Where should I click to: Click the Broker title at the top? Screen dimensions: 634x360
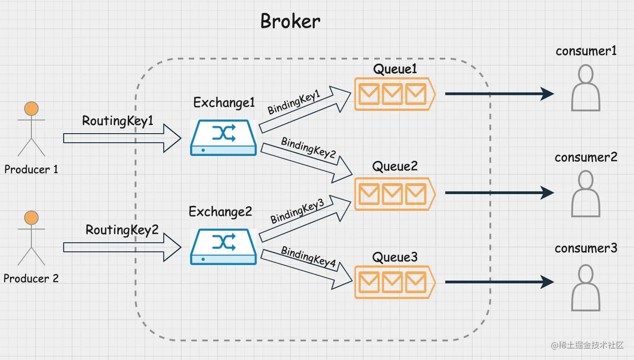290,21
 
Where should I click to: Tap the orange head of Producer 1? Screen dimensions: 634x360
31,109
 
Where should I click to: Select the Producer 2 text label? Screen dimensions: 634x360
31,279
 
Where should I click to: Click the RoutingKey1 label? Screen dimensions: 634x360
117,121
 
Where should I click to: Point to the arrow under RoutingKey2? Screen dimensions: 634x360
122,247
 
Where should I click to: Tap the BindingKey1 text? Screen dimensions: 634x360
294,102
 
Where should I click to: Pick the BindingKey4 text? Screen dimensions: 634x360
308,257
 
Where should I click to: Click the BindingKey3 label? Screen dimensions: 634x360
297,211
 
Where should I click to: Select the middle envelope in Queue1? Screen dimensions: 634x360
392,94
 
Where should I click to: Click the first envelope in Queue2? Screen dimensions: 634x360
369,194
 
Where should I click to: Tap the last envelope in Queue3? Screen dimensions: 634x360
416,282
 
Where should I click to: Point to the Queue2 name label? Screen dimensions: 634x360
395,166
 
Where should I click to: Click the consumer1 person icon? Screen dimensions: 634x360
586,88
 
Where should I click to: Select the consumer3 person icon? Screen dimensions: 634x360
586,288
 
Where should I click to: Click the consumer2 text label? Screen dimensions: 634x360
586,157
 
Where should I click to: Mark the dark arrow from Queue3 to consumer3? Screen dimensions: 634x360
499,282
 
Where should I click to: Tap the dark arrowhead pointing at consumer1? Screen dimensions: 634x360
547,94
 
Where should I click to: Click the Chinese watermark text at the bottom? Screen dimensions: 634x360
587,345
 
